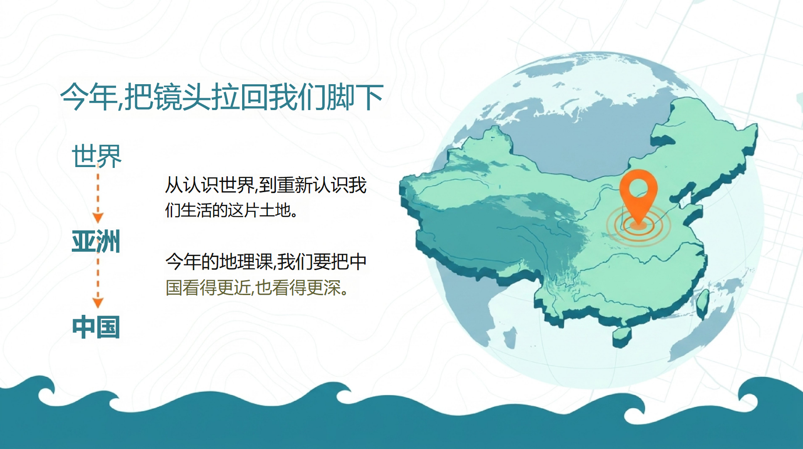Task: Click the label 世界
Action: (x=97, y=156)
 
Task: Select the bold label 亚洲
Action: (x=96, y=241)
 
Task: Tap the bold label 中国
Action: (x=96, y=327)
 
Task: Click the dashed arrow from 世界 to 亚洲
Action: (x=98, y=198)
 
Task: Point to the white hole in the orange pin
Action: (x=638, y=189)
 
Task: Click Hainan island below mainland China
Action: (x=622, y=337)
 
